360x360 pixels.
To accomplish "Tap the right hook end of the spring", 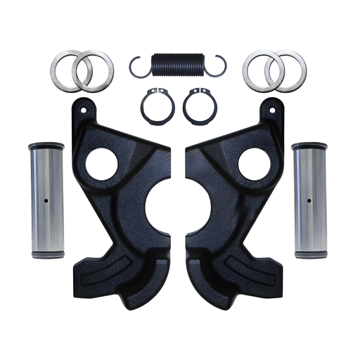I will [x=222, y=65].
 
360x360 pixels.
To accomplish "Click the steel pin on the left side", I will [x=46, y=200].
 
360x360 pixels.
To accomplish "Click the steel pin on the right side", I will [x=311, y=200].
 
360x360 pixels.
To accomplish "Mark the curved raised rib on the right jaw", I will [x=251, y=271].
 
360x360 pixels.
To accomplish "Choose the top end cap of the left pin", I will [x=46, y=147].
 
